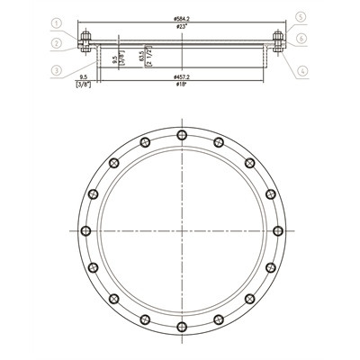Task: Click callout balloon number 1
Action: coord(56,23)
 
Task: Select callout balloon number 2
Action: coord(56,41)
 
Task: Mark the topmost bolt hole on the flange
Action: coord(183,134)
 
